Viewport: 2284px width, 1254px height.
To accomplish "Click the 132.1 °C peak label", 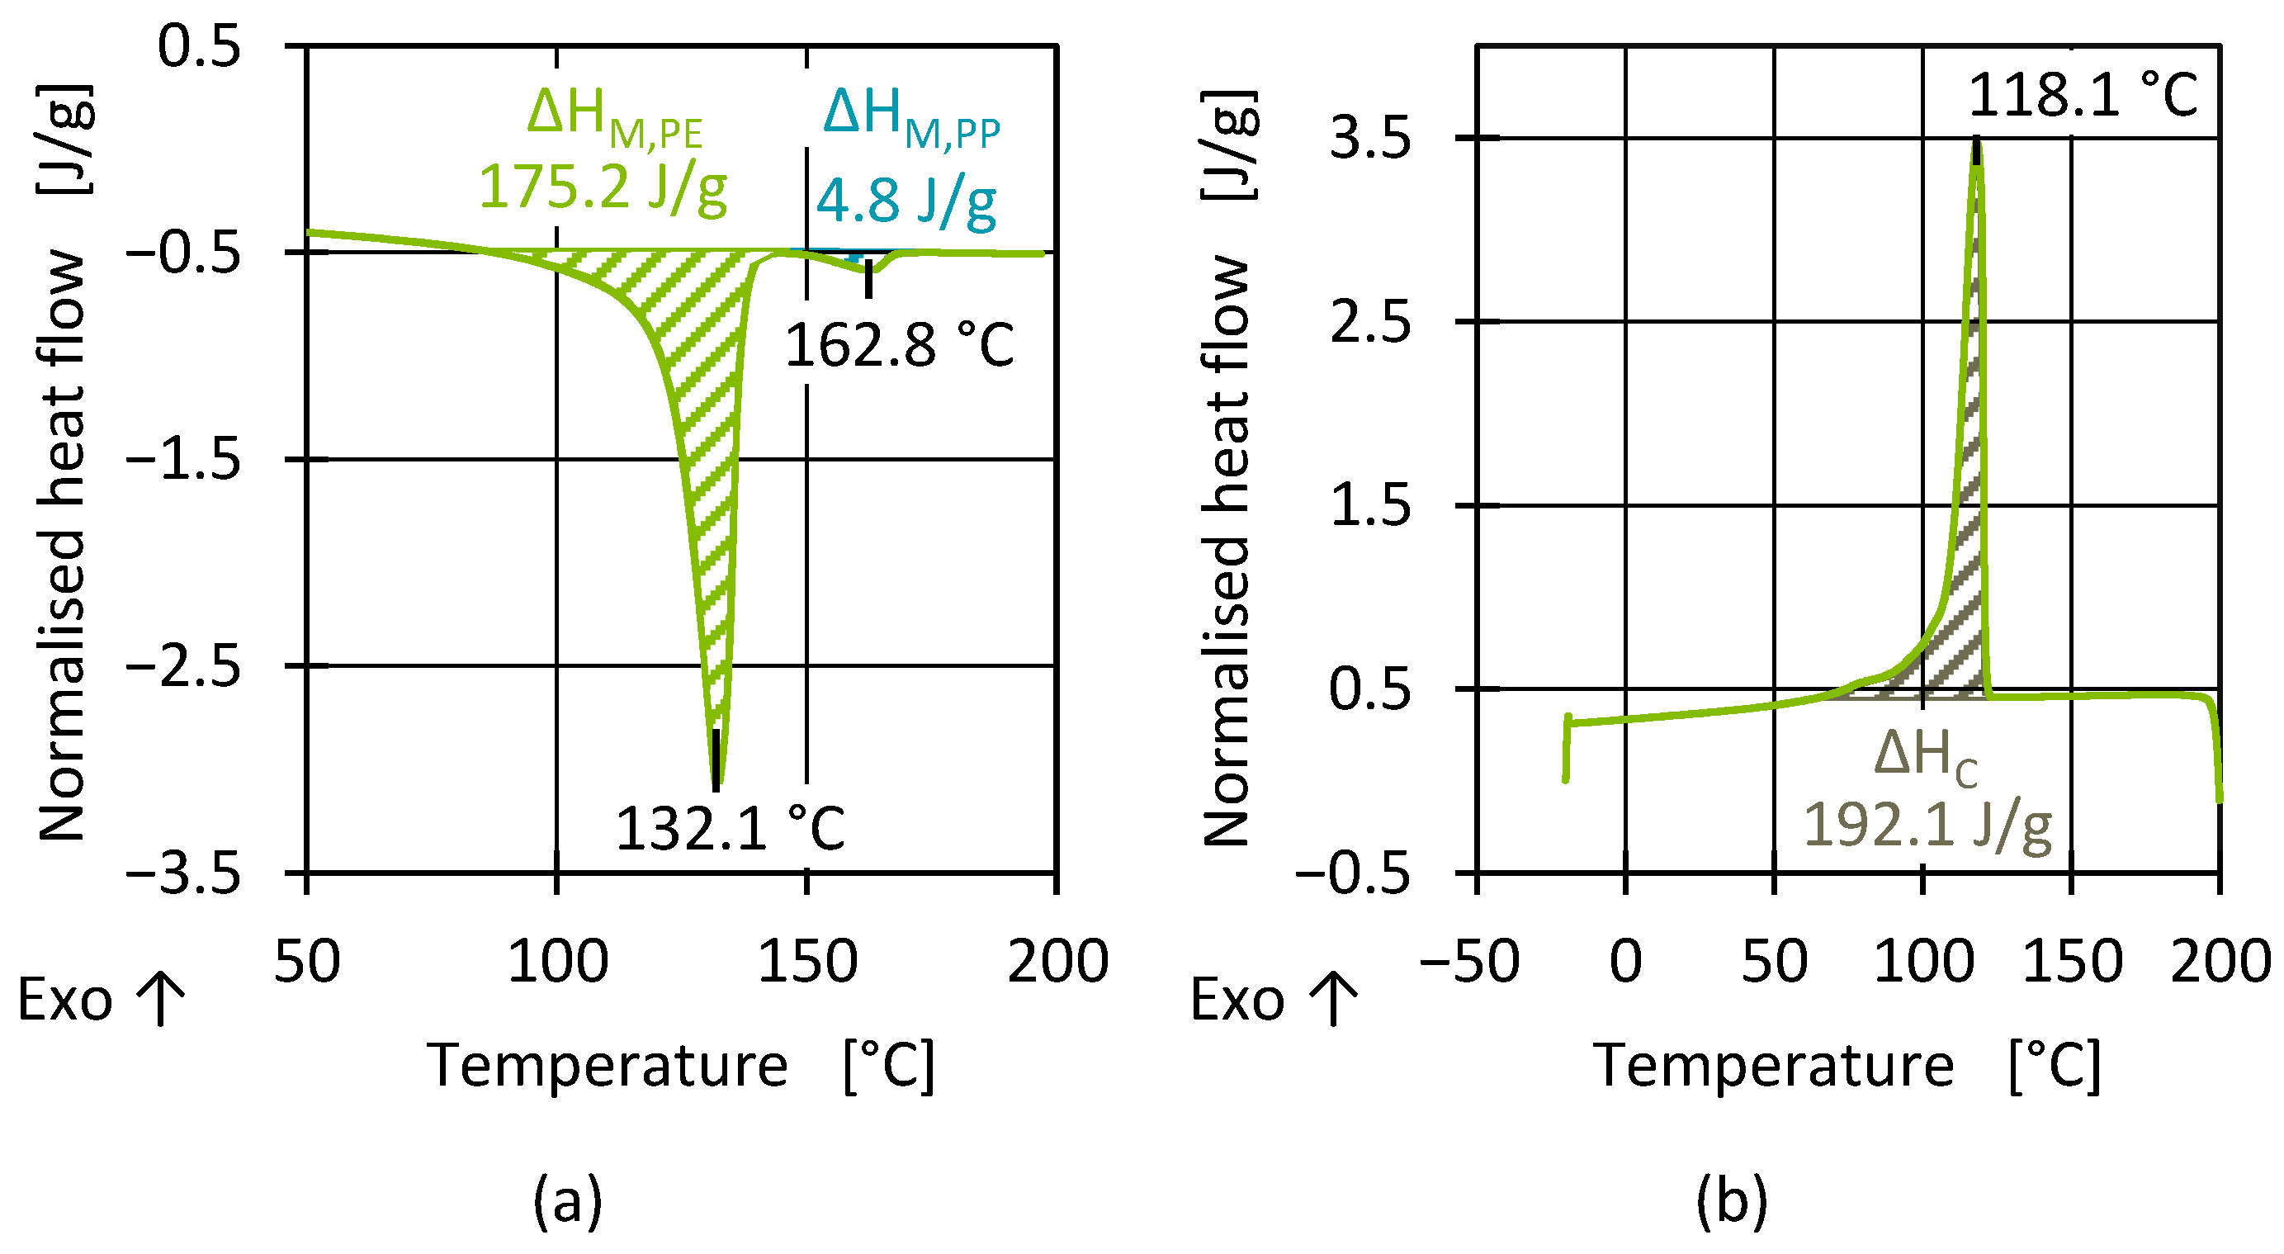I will tap(730, 829).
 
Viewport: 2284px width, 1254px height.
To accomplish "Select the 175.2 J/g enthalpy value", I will tap(603, 188).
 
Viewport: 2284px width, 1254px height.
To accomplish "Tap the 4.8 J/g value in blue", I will tap(906, 201).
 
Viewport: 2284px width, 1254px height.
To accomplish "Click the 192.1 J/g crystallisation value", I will tap(1927, 826).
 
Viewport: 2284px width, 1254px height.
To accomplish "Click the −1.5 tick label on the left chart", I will tap(184, 461).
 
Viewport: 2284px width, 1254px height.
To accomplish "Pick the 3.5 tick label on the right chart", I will tap(1370, 140).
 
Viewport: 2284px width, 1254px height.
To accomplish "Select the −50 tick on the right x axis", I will tap(1469, 961).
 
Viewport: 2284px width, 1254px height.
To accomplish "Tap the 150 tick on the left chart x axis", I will tap(806, 961).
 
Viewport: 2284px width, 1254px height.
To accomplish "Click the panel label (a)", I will tap(567, 1201).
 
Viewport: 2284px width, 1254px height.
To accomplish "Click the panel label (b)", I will tap(1732, 1201).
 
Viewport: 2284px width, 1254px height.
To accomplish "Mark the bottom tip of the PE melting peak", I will tap(716, 786).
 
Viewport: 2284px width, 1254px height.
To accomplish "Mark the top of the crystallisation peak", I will tap(1976, 142).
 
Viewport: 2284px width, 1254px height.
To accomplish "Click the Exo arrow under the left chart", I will tap(161, 1000).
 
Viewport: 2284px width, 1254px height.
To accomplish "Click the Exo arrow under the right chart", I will tap(1334, 1000).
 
